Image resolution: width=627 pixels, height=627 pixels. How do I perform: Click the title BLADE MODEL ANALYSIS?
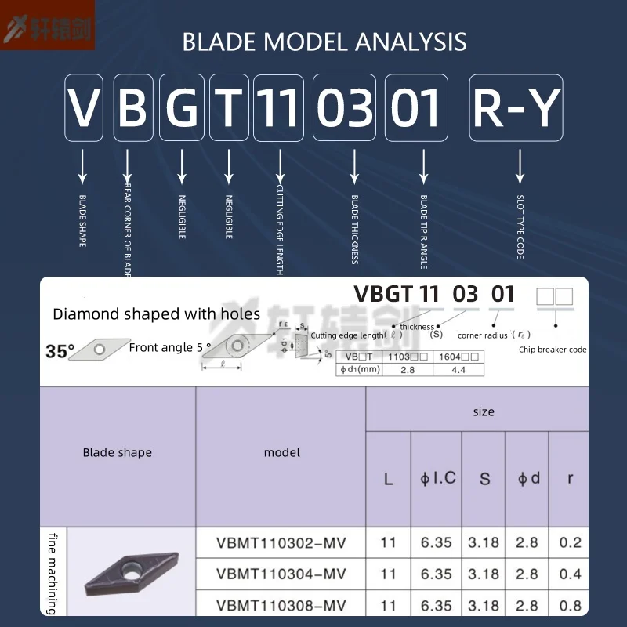click(x=324, y=42)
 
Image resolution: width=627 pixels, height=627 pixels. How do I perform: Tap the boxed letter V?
click(x=84, y=108)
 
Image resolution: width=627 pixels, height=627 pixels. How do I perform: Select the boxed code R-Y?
click(x=516, y=108)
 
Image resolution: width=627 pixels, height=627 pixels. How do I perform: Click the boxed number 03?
click(x=345, y=108)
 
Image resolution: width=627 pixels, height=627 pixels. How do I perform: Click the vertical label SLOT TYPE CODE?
click(x=520, y=227)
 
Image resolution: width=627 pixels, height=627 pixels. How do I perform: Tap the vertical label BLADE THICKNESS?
click(x=354, y=229)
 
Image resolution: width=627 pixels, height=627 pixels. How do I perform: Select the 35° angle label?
click(x=60, y=352)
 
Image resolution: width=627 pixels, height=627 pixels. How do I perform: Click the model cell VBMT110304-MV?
click(x=281, y=574)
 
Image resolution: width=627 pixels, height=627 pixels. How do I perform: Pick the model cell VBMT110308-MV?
click(x=281, y=605)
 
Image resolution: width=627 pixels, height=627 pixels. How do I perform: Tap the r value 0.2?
click(x=571, y=542)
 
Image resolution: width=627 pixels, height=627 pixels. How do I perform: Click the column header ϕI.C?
click(x=438, y=477)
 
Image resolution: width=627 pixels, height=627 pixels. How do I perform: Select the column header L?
click(x=389, y=479)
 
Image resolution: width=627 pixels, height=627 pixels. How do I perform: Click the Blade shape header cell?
click(x=118, y=452)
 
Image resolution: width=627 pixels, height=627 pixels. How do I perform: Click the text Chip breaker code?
click(x=553, y=350)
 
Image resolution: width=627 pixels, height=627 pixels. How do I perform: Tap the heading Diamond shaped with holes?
click(x=157, y=314)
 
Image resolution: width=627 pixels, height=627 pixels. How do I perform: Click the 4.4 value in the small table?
click(x=458, y=369)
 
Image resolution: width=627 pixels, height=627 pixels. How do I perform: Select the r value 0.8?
click(x=571, y=605)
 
